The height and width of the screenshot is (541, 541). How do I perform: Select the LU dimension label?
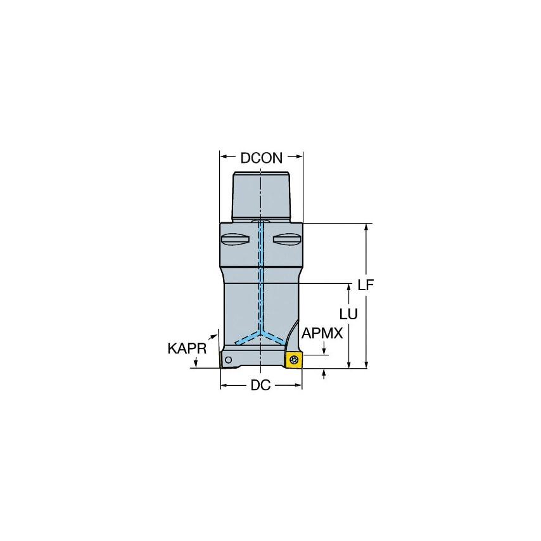coord(348,314)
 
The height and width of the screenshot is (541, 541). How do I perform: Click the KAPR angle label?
coord(187,348)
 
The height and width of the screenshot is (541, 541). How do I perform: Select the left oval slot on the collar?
coord(235,239)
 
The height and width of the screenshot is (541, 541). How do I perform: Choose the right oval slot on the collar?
coord(287,239)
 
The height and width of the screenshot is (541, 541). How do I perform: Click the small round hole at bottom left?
coord(228,361)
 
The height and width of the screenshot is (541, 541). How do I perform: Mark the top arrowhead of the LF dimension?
coord(366,227)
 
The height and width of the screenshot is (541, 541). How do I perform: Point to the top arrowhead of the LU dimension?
coord(349,287)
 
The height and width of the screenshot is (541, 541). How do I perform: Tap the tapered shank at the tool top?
coord(261,193)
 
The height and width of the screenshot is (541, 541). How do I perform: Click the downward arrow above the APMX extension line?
coord(324,350)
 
